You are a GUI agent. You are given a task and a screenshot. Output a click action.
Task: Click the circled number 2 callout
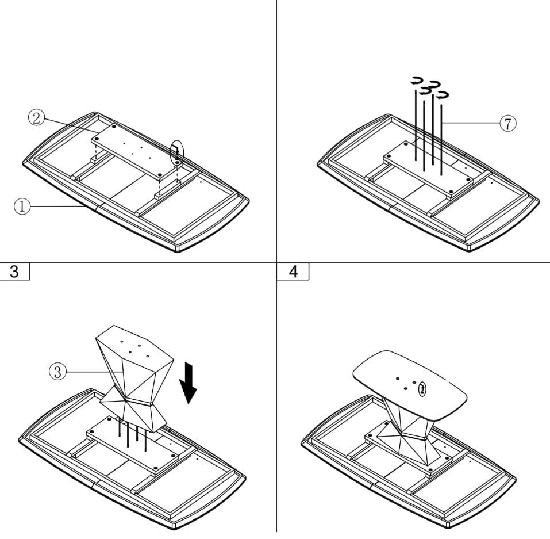(36, 118)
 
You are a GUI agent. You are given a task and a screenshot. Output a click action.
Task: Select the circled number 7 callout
(507, 123)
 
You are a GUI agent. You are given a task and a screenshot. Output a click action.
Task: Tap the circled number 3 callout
(57, 372)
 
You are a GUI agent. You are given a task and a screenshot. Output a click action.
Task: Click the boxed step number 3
(14, 272)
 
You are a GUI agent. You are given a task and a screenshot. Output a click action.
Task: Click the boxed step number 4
(293, 272)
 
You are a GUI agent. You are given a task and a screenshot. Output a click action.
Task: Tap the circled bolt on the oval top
(422, 389)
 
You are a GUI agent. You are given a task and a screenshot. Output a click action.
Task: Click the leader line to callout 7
(471, 123)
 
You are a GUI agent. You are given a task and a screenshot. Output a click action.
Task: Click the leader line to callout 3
(92, 372)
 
